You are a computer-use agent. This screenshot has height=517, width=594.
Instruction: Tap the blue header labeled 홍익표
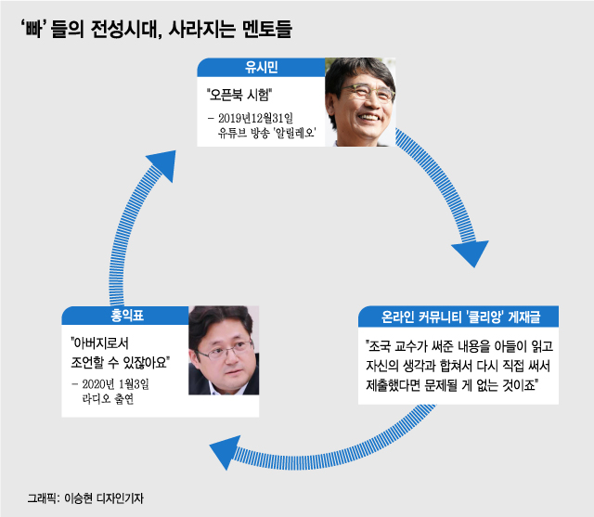click(124, 316)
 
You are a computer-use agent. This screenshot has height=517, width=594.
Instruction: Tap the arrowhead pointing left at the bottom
click(223, 454)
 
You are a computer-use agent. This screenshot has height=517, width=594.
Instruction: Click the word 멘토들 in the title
click(265, 29)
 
